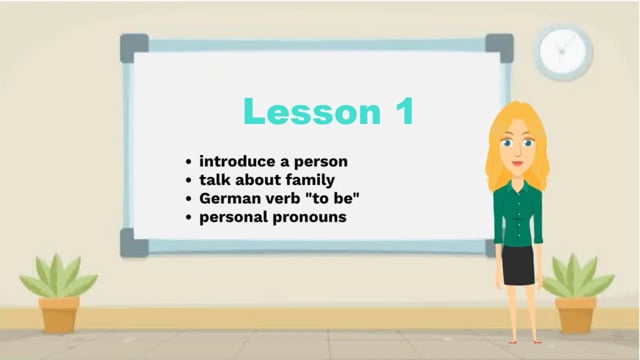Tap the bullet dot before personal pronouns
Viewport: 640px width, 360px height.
[x=188, y=216]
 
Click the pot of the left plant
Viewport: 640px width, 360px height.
[x=59, y=314]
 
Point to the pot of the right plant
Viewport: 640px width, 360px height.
[x=576, y=314]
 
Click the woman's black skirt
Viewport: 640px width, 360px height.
[x=518, y=265]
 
